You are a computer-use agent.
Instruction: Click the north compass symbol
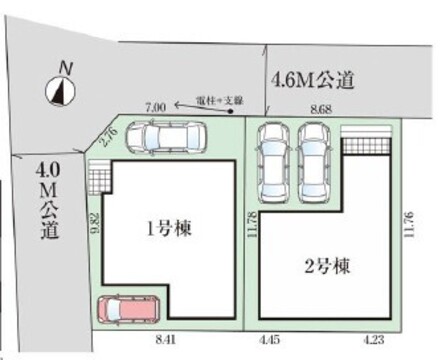click(61, 90)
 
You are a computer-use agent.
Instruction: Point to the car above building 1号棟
click(169, 140)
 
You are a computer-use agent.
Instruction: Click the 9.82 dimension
click(93, 225)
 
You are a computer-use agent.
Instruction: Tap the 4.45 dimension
click(270, 341)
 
